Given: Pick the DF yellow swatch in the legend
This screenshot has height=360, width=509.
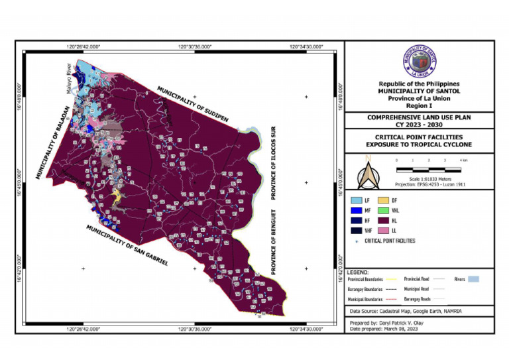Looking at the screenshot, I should click(401, 200).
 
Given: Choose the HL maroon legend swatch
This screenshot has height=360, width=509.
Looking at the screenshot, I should click(401, 220).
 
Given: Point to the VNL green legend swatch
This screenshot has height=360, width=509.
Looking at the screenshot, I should click(401, 210).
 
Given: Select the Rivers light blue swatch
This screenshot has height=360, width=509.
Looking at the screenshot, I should click(473, 279).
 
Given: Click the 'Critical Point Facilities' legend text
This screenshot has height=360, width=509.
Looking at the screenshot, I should click(390, 241).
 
